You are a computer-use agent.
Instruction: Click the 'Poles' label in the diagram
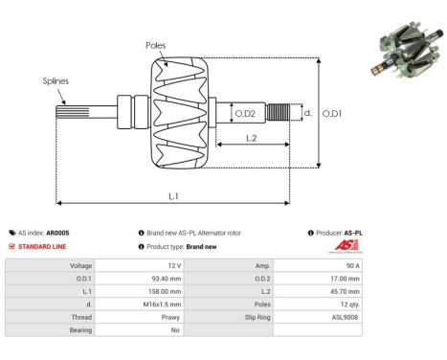click(158, 45)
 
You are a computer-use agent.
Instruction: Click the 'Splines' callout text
click(56, 81)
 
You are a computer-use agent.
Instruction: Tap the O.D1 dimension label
click(333, 114)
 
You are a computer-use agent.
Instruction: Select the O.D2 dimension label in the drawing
click(245, 114)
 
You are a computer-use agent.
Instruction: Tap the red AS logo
click(343, 246)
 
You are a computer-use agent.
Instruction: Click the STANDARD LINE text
click(42, 246)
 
